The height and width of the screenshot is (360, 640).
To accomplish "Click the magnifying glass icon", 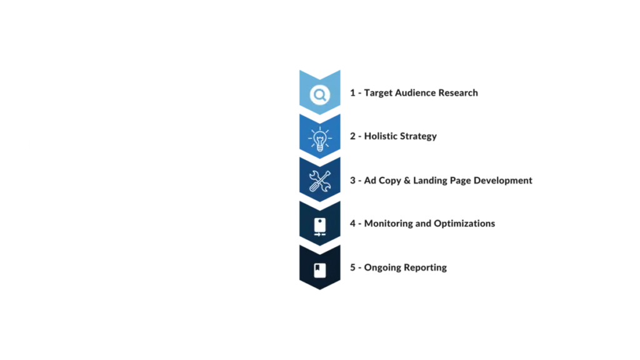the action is click(x=319, y=95).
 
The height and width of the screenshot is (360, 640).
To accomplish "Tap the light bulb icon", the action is click(x=319, y=139).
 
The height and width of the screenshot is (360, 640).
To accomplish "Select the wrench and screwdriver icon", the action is click(x=319, y=181).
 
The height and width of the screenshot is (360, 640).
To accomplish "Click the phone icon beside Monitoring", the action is click(x=319, y=227).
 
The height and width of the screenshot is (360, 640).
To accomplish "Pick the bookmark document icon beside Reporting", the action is click(x=319, y=270).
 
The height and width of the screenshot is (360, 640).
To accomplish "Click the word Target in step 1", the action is click(x=378, y=93).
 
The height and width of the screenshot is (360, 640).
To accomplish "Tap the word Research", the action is click(x=458, y=92).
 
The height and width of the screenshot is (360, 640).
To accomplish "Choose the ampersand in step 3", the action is click(x=407, y=181).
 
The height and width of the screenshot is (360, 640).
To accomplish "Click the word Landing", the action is click(x=430, y=181).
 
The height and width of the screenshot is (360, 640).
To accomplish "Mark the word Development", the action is click(x=503, y=181).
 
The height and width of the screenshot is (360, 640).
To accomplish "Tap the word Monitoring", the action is click(x=388, y=224).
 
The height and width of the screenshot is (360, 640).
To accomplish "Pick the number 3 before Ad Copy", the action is click(x=352, y=181).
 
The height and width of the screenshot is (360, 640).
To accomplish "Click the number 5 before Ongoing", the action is click(x=352, y=267).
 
